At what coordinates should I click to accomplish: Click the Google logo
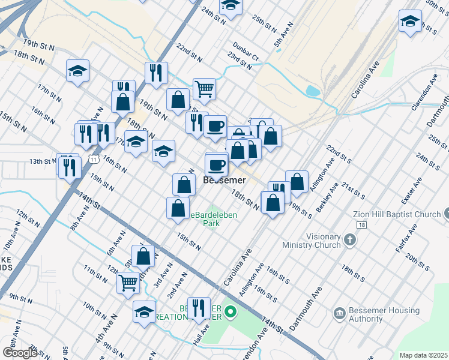click(x=20, y=352)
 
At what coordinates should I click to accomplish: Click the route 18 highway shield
click(x=361, y=224)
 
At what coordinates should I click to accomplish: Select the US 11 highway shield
click(x=92, y=158)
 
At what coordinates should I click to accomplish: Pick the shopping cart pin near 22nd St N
click(x=204, y=89)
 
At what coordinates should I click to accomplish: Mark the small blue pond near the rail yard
click(x=313, y=91)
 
